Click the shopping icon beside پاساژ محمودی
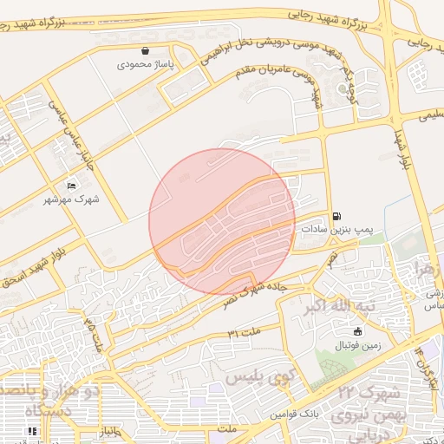(145, 51)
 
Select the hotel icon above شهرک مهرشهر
(71, 186)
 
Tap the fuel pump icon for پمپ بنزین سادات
(336, 216)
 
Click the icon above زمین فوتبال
(357, 331)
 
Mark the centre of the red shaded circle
(221, 221)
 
